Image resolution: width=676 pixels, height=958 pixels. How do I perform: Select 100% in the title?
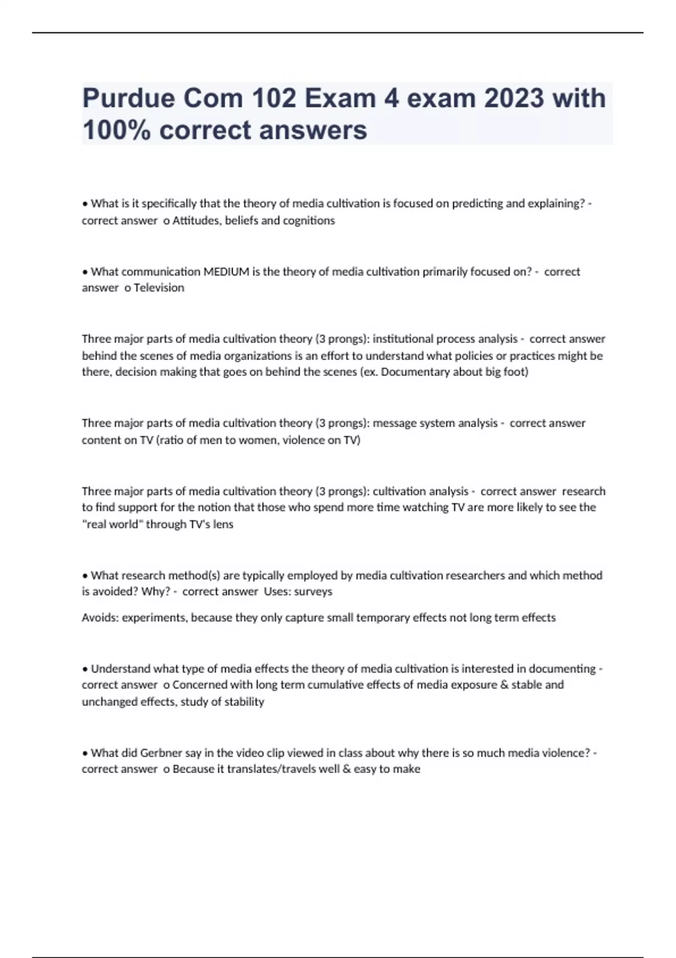[x=115, y=130]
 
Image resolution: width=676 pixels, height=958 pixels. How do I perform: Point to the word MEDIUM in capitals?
[x=226, y=272]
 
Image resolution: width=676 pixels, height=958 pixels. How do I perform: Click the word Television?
[x=159, y=287]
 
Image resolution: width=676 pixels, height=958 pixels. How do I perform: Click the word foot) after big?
[x=515, y=372]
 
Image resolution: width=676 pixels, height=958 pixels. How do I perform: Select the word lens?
[x=223, y=524]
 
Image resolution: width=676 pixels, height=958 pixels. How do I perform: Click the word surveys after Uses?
[x=313, y=591]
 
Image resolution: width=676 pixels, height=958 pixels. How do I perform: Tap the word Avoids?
[x=100, y=618]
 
